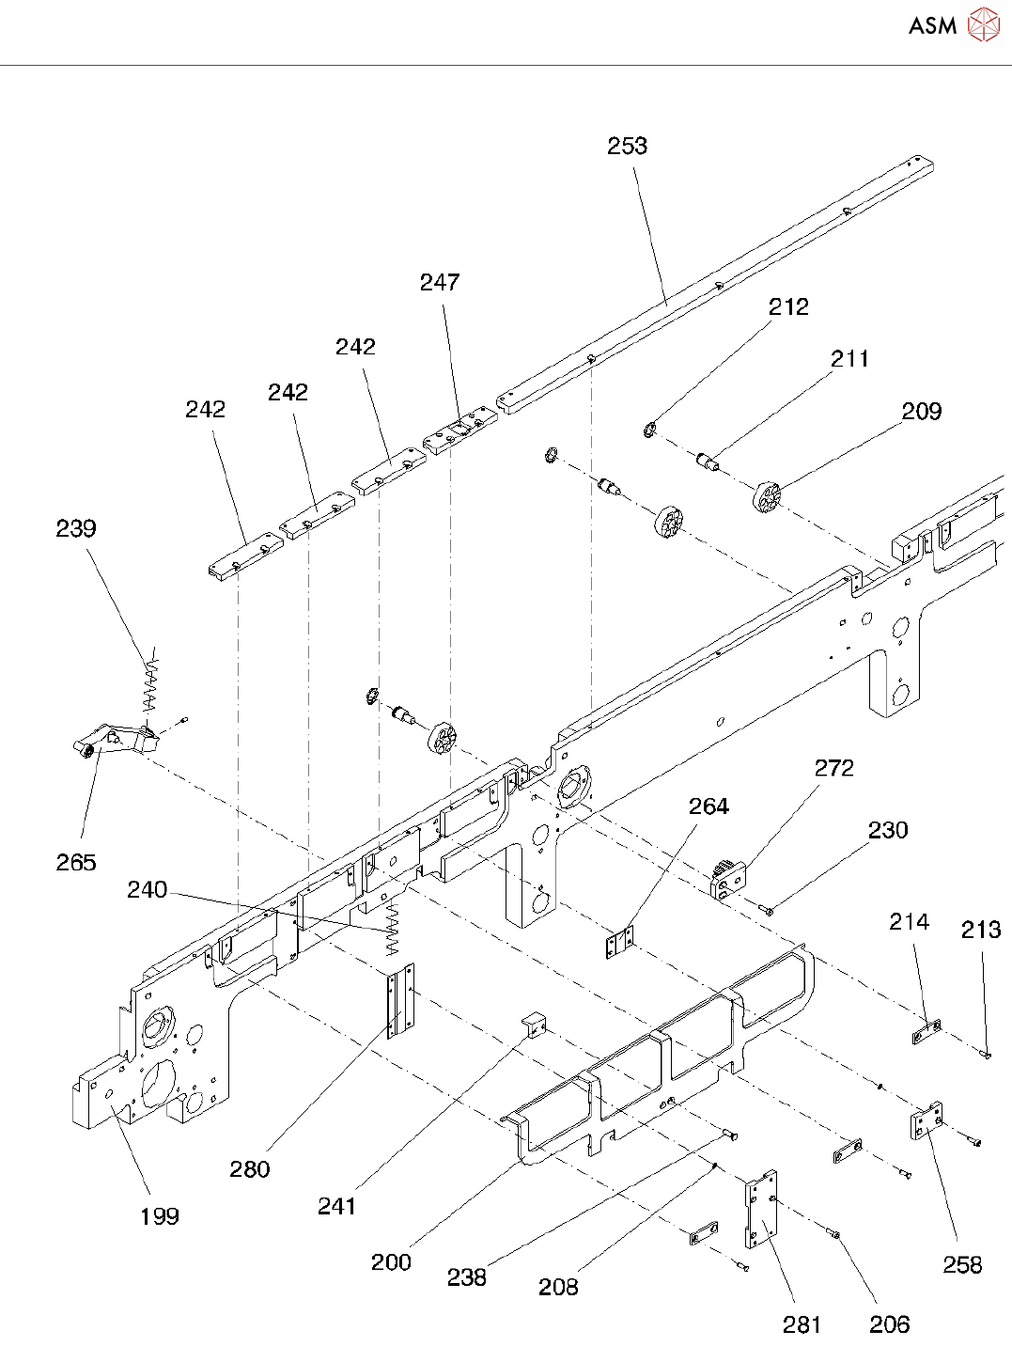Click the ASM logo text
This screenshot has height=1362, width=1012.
[932, 25]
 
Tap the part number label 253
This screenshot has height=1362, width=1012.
[627, 146]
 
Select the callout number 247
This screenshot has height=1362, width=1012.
[440, 282]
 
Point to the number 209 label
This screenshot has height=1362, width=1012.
[921, 411]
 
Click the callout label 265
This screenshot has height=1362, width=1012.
[76, 862]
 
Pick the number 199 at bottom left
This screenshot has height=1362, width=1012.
[159, 1216]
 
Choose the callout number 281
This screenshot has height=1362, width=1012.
[802, 1324]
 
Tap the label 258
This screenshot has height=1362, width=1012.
[962, 1264]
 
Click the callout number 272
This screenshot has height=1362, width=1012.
[833, 768]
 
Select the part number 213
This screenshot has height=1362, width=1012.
[981, 930]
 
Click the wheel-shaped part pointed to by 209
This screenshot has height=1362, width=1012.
[768, 495]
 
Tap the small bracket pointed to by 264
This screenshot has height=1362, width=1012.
[619, 943]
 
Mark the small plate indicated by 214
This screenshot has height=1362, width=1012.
[927, 1033]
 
